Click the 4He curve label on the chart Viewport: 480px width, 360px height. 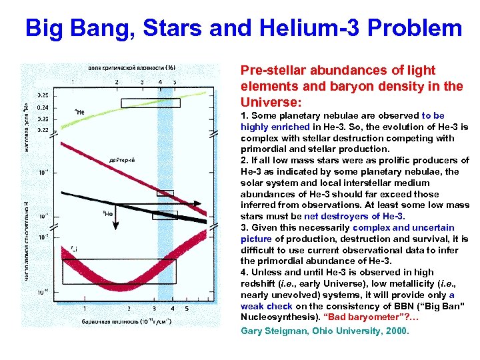click(79, 112)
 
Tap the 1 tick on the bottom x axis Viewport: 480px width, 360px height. click(83, 309)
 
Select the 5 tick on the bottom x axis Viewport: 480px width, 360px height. click(187, 309)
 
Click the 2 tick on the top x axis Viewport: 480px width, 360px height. click(117, 82)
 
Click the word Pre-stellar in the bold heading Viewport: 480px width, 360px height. click(271, 71)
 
